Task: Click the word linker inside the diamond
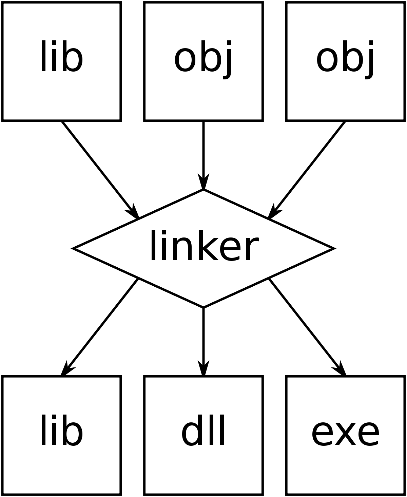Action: [205, 246]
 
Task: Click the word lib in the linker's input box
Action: [61, 56]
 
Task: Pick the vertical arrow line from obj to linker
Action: [203, 155]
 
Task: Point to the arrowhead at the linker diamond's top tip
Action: [203, 181]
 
